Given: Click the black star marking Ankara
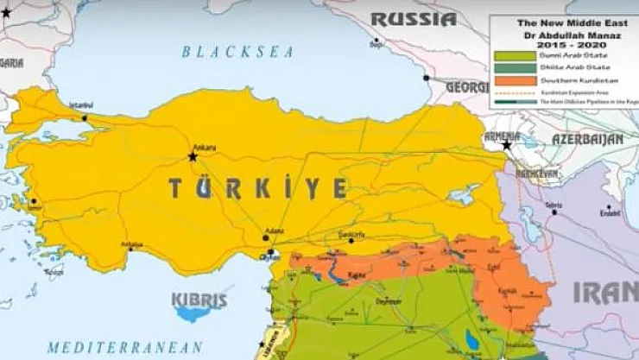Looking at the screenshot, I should (x=193, y=156).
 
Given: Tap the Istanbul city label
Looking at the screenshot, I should (x=80, y=107).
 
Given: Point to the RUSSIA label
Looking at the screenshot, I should (x=414, y=19).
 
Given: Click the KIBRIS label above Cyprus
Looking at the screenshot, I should (x=199, y=301).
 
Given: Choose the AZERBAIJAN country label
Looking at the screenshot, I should (x=589, y=139).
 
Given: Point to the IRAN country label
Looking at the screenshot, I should (x=606, y=293).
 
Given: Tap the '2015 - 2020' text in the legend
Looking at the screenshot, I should (x=564, y=42).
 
